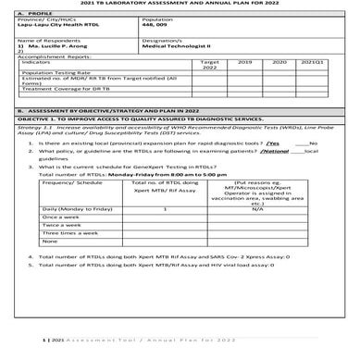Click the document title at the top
pos(180,5)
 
